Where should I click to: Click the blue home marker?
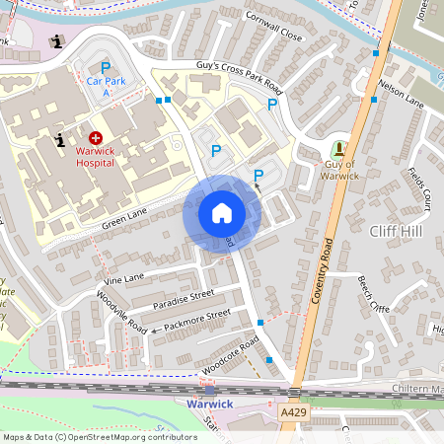[x=222, y=213]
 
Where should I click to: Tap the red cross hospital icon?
[x=96, y=139]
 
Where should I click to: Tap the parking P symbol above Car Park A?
[x=106, y=66]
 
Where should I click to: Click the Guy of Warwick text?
[x=339, y=170]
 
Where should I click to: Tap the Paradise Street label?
[x=183, y=295]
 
